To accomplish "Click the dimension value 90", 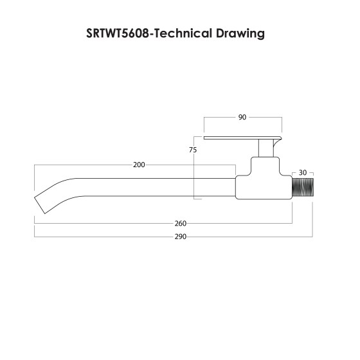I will pos(242,118).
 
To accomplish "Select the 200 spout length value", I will pos(138,165).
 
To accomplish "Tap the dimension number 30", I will pos(303,172).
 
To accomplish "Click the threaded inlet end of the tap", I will pos(302,188).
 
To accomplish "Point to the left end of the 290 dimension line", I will pos(34,237).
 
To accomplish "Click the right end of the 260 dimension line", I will pos(292,223).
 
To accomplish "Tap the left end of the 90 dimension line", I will pos(204,118).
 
